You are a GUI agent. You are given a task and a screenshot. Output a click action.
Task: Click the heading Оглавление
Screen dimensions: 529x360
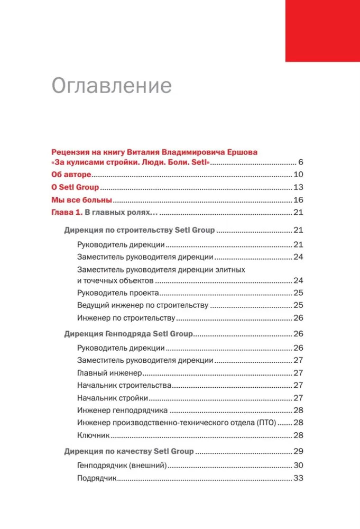112,86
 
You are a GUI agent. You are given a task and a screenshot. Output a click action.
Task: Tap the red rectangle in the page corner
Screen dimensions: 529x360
322,30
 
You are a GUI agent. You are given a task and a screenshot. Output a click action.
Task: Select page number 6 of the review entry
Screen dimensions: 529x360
300,162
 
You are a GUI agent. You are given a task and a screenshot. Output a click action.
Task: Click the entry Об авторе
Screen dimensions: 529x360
71,175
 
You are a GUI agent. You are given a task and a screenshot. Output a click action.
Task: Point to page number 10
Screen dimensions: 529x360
298,175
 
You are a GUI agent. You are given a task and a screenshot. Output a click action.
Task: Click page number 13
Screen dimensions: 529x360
298,187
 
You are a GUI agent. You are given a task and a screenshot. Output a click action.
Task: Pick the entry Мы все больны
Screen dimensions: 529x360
81,200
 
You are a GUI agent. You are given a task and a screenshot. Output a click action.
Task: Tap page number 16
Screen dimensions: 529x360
298,200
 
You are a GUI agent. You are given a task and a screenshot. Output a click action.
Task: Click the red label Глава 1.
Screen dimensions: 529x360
67,213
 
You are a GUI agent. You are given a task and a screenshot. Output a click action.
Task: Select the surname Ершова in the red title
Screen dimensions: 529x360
242,152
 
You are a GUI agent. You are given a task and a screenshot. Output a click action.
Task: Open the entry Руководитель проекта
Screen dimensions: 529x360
117,293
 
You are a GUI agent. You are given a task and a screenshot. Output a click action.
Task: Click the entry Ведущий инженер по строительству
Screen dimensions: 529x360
143,305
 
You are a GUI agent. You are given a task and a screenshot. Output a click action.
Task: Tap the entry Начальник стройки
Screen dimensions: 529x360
112,398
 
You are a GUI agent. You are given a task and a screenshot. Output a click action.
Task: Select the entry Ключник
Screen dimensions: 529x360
93,435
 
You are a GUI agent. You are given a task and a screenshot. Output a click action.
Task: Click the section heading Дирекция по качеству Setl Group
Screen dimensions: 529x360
129,452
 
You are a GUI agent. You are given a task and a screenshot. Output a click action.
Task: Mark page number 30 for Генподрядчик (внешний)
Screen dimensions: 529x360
298,466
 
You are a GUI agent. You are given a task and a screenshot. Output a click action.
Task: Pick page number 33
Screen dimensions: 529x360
298,478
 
